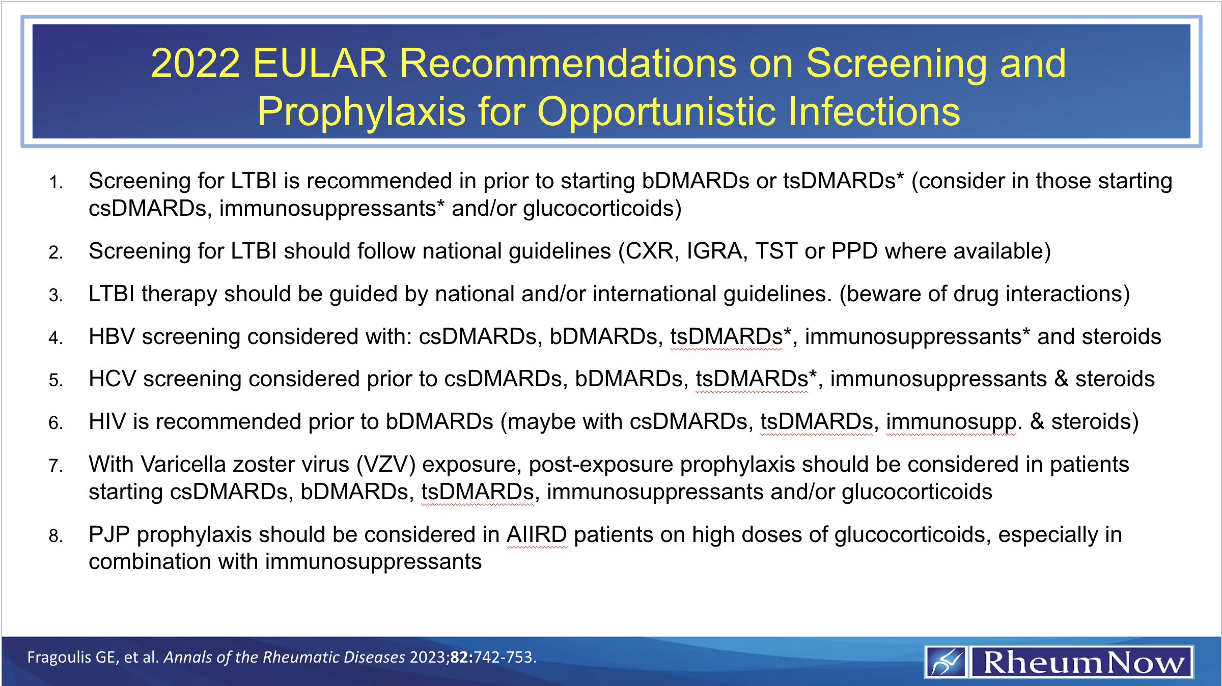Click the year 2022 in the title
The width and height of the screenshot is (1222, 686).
(x=195, y=63)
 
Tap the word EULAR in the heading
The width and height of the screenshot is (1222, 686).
(x=319, y=63)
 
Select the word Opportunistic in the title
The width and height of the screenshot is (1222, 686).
(x=657, y=111)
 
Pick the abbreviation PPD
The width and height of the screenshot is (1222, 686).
(x=854, y=251)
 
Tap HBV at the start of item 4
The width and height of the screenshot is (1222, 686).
(x=112, y=337)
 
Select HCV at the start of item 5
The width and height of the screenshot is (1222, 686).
(x=112, y=379)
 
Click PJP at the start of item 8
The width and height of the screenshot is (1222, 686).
(x=109, y=535)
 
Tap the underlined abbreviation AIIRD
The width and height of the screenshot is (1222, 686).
(x=537, y=535)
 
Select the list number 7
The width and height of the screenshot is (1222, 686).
(x=55, y=466)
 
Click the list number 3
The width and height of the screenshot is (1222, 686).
(x=55, y=295)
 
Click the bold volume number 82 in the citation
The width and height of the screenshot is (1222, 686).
(x=460, y=658)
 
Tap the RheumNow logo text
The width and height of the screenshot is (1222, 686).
(x=1082, y=663)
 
